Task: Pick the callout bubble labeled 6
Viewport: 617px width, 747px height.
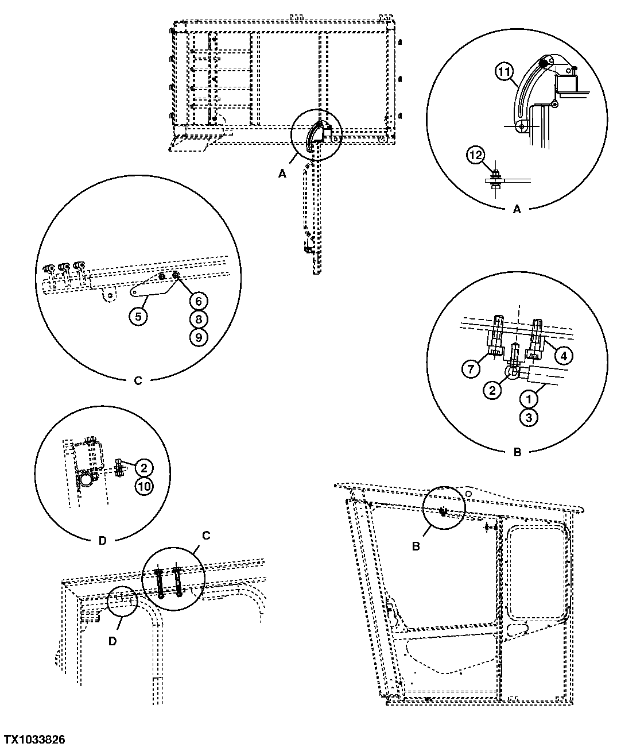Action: [x=197, y=300]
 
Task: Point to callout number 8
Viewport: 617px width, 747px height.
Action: [x=197, y=319]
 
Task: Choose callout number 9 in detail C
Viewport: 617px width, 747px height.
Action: [x=197, y=337]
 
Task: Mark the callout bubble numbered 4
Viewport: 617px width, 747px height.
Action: [x=563, y=356]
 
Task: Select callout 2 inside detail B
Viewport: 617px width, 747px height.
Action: [x=492, y=391]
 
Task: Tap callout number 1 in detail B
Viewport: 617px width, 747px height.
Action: [x=528, y=398]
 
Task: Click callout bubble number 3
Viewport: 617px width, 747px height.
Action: [x=528, y=417]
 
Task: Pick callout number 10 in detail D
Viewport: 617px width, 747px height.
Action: [x=143, y=486]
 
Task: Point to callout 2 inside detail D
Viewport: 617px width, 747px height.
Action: [x=143, y=467]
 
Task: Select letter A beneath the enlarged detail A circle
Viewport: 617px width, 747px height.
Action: [x=517, y=210]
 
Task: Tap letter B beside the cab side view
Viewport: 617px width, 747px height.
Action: [x=416, y=546]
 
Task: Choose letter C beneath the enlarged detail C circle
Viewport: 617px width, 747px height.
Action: [x=138, y=380]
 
